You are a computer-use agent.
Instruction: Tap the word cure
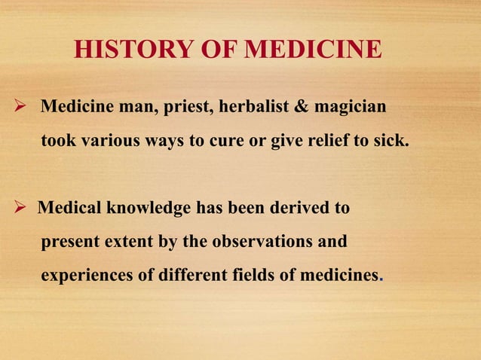(235, 140)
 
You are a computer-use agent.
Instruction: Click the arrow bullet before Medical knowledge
(22, 207)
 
